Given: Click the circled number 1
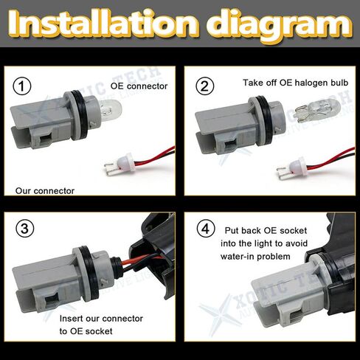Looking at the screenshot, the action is (x=22, y=86).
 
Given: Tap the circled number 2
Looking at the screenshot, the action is (x=205, y=86).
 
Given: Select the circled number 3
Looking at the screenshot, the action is (x=25, y=229).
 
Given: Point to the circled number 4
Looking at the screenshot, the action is (x=206, y=229).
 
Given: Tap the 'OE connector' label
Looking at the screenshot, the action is (x=139, y=86).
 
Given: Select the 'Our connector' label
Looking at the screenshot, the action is (x=45, y=191).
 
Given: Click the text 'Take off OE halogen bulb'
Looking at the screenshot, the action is (x=295, y=83).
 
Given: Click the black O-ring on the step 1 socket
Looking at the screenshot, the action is (x=80, y=116).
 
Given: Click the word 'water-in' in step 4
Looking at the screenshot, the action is (x=235, y=257).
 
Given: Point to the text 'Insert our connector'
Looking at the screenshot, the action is (x=101, y=319).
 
